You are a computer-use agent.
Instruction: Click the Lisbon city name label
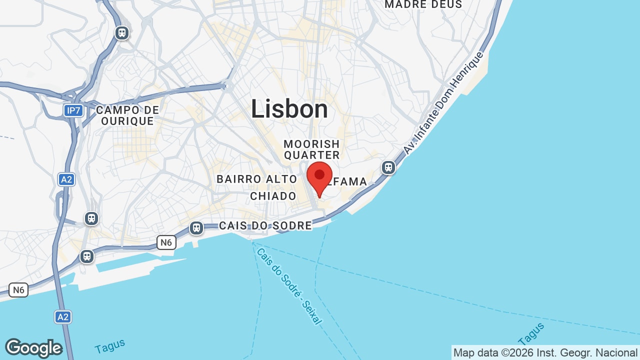coord(289,109)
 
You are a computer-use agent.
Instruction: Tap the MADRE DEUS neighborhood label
coord(423,4)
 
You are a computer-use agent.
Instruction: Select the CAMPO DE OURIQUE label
coord(127,115)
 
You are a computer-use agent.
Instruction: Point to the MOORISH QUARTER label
coord(312,149)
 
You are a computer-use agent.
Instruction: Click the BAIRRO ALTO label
coord(256,179)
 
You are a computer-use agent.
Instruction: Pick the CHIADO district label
coord(273,196)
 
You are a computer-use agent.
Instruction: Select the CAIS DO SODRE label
coord(265,225)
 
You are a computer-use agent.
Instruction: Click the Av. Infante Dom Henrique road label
coord(444,102)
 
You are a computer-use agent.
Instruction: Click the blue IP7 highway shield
coord(73,110)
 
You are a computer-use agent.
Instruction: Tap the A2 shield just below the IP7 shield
coord(66,179)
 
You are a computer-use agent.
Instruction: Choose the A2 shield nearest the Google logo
coord(63,317)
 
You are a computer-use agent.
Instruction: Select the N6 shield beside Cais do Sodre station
coord(166,243)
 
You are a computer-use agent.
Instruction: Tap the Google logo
coord(33,348)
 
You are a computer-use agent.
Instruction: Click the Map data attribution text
coord(545,353)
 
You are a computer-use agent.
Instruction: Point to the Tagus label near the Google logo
coord(109,346)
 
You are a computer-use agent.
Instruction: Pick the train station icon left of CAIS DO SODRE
coord(196,228)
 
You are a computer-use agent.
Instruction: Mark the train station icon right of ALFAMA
coord(388,167)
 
